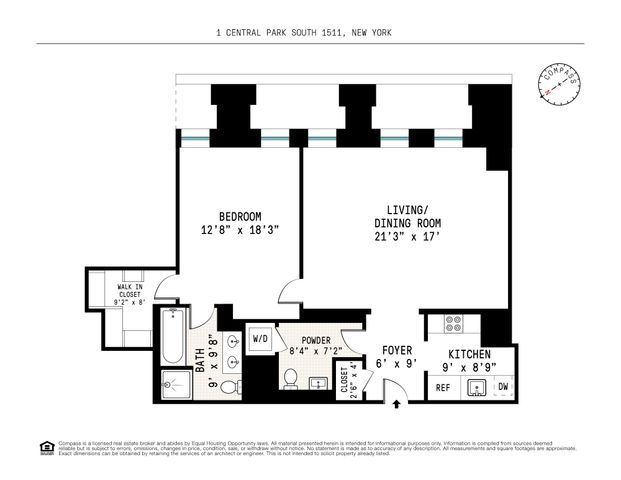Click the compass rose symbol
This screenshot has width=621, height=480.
tap(560, 84)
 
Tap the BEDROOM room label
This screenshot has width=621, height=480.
tap(240, 216)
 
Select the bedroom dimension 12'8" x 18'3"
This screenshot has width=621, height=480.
tap(240, 230)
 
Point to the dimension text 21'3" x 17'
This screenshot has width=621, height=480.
tap(407, 236)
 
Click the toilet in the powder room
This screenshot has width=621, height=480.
tap(291, 379)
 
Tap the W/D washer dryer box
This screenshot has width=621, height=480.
tap(259, 338)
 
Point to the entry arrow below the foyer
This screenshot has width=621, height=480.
tap(399, 404)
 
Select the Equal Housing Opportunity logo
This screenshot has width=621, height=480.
tap(44, 447)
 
